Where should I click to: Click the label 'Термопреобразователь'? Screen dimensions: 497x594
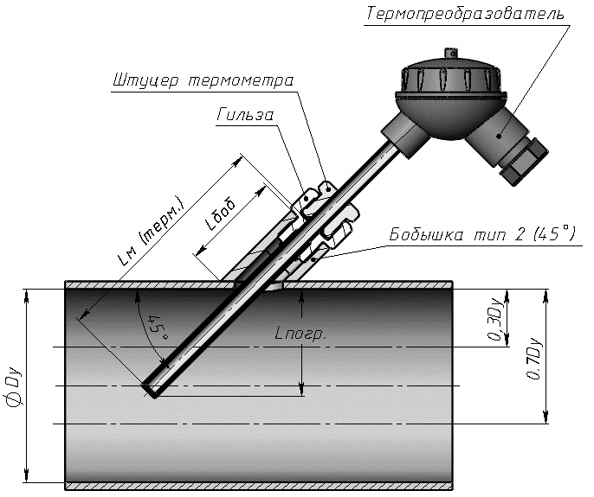(x=466, y=15)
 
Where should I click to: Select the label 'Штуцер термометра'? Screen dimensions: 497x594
(x=203, y=80)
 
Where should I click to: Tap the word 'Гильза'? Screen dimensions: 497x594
(x=246, y=115)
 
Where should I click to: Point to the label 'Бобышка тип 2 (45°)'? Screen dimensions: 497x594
(x=482, y=233)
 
